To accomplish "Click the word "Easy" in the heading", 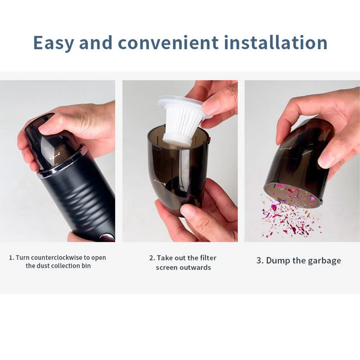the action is click(x=54, y=43).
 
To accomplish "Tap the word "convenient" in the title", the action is click(x=168, y=43).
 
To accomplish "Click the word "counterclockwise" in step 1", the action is click(x=56, y=258).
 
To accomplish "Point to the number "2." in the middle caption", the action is click(x=152, y=258).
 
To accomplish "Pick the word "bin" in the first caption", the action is click(x=86, y=266).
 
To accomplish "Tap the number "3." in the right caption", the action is click(x=260, y=261).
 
